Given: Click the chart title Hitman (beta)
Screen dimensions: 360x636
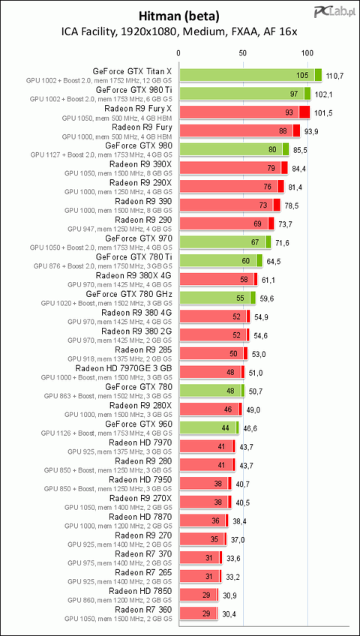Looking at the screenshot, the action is [179, 16].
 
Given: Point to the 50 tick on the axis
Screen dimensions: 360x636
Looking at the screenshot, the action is [242, 52].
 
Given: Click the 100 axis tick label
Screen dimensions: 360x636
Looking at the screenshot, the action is [307, 52].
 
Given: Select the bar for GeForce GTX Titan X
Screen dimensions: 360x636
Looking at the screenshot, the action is [250, 75].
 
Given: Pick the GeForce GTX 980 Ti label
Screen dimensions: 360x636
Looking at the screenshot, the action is [133, 90].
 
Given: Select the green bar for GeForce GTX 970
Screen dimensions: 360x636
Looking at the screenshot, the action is [225, 242].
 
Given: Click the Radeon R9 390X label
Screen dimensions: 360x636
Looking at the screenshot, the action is [141, 164].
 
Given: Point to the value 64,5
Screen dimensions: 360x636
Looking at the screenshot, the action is [273, 261].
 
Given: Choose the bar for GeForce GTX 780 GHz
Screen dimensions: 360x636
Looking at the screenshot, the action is [217, 298].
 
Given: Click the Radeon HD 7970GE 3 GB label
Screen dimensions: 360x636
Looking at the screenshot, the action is [124, 368].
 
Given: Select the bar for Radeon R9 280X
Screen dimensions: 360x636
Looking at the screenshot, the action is [211, 409].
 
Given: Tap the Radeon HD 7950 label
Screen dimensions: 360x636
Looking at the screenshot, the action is [141, 480].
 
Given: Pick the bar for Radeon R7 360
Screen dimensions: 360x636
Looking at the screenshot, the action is [199, 613].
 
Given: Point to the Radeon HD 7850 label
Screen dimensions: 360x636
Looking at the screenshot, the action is [141, 591].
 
